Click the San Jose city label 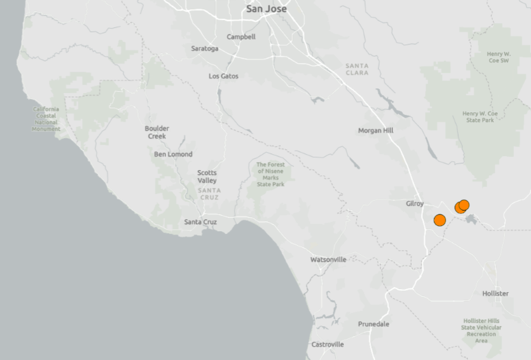point(266,9)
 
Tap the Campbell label point(241,37)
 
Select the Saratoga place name point(204,48)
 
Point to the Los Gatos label point(223,76)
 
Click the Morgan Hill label point(376,130)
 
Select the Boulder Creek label point(157,132)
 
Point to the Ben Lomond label point(173,154)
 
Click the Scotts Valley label point(206,177)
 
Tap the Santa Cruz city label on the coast point(200,222)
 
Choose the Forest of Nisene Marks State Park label point(270,174)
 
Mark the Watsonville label point(328,260)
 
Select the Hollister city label point(495,293)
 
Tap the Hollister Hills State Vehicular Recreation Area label point(482,331)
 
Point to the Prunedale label point(374,323)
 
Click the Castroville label point(328,345)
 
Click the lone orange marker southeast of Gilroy point(439,220)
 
